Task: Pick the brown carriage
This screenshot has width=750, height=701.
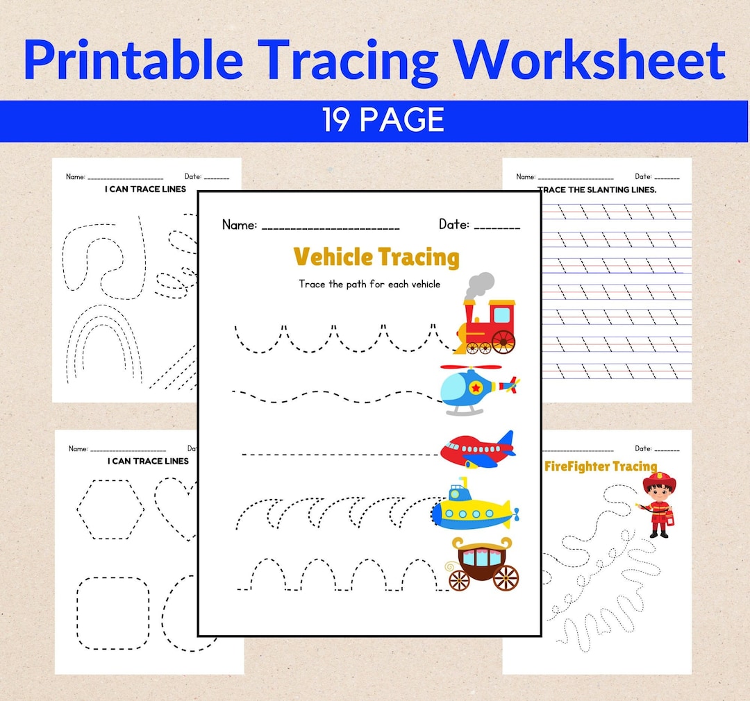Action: pyautogui.click(x=483, y=564)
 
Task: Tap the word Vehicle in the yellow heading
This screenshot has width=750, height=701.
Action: pyautogui.click(x=333, y=257)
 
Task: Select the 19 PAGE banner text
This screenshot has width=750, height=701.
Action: pyautogui.click(x=383, y=121)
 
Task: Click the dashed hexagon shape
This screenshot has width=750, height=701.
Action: pyautogui.click(x=111, y=509)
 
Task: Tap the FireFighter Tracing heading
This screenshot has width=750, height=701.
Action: pyautogui.click(x=600, y=466)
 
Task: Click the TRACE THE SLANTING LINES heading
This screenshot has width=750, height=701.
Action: pyautogui.click(x=597, y=189)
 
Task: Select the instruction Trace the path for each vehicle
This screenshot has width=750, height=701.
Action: pyautogui.click(x=369, y=284)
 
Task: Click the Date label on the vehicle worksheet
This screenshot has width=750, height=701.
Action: pyautogui.click(x=453, y=224)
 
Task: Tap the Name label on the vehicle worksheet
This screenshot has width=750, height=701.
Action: pyautogui.click(x=240, y=225)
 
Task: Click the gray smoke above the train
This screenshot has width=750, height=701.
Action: pyautogui.click(x=478, y=285)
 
